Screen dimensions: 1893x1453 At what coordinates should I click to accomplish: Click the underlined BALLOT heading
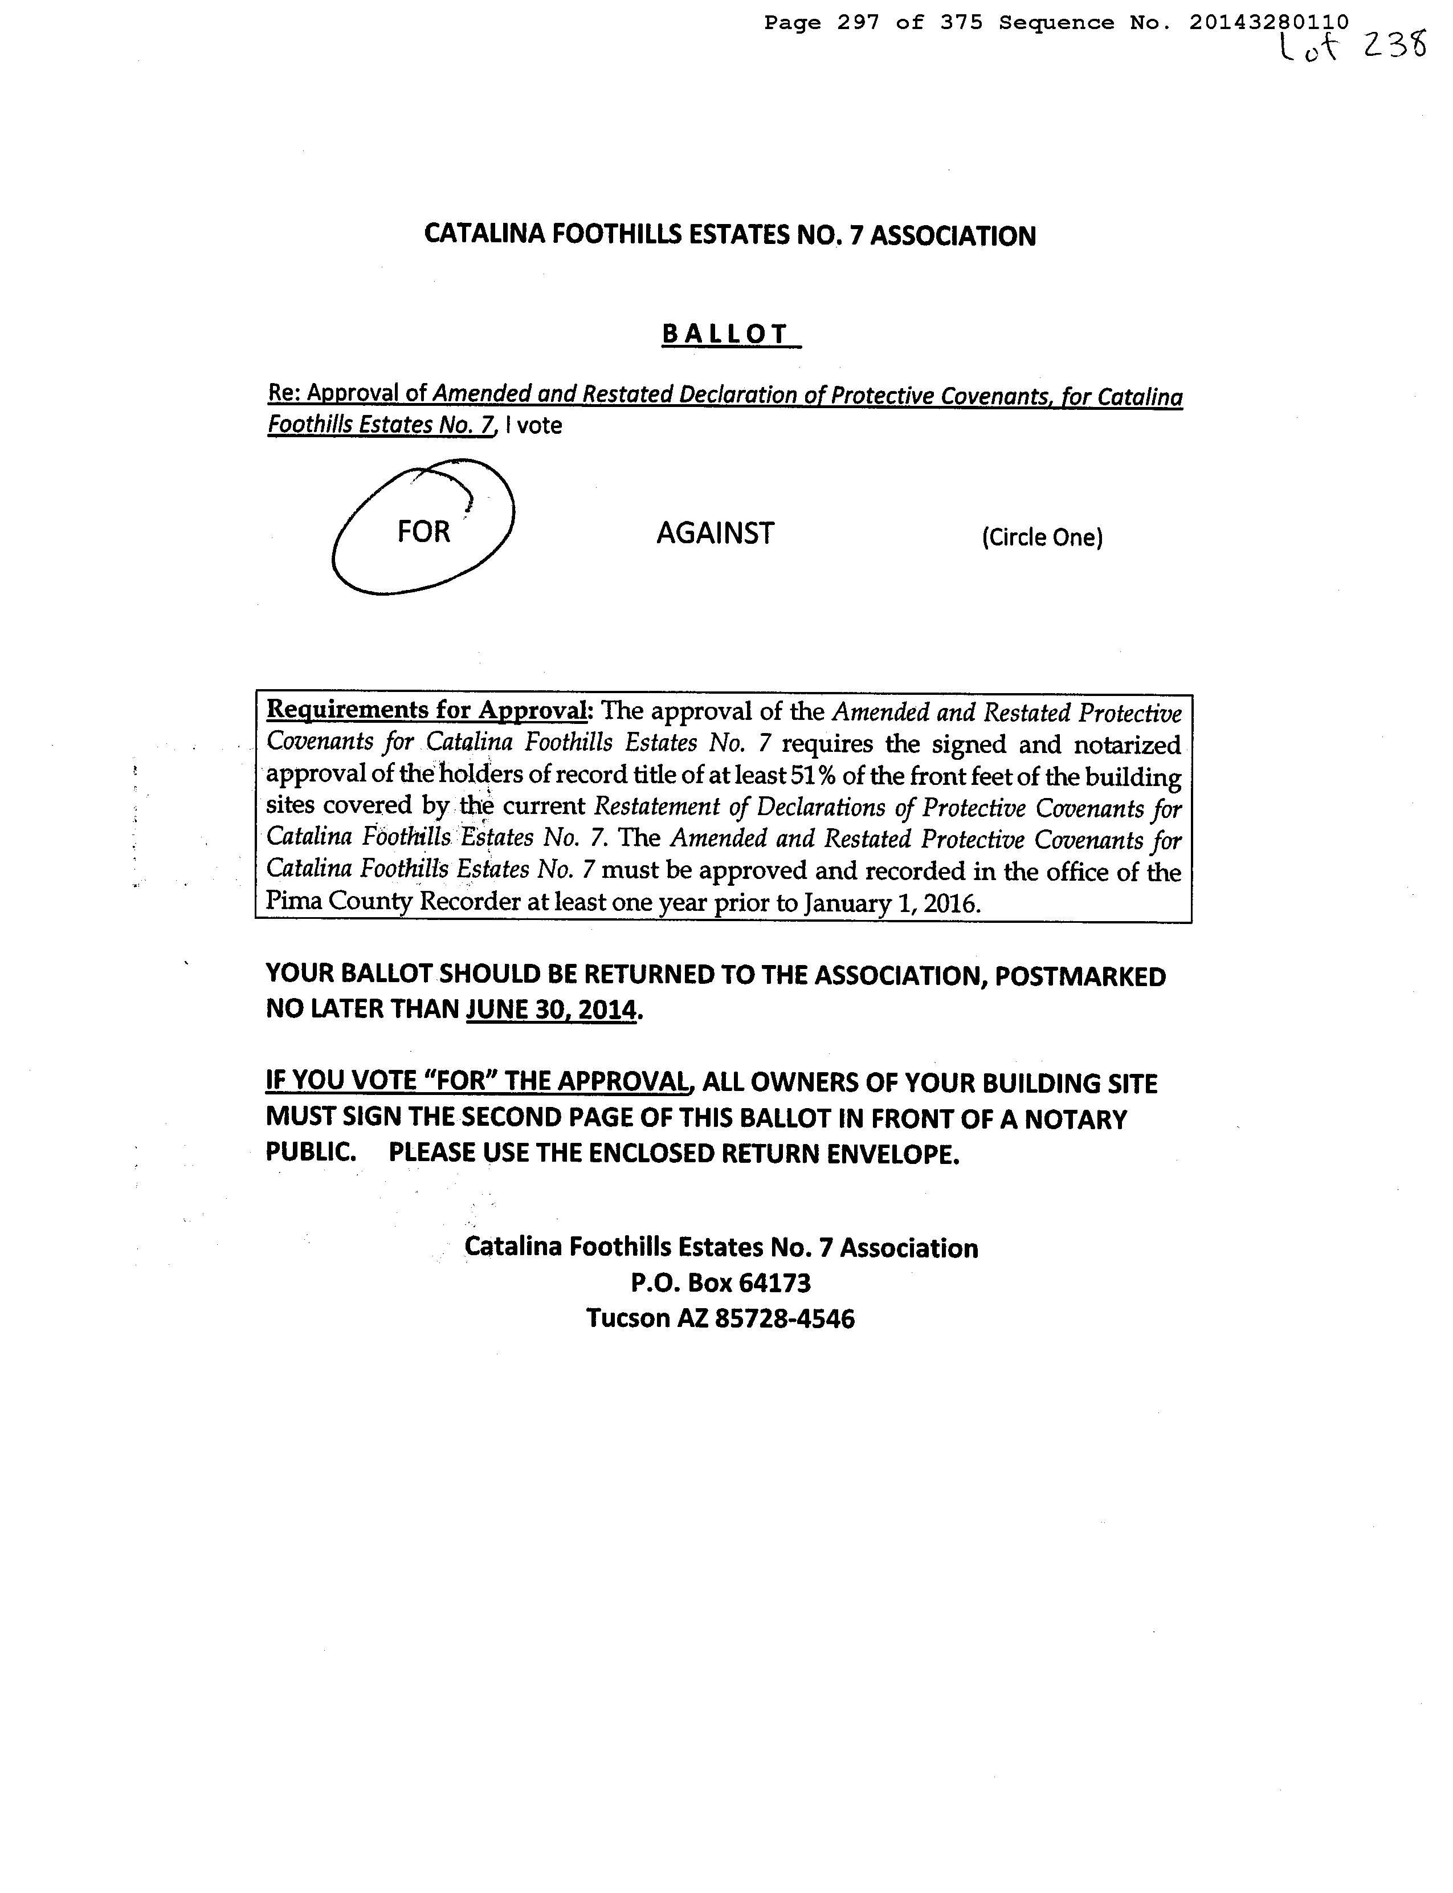726,334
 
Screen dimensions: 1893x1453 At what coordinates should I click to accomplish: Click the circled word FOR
424,531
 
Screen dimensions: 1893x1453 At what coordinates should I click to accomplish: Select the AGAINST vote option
715,533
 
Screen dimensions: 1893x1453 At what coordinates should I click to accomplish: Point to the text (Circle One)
1042,538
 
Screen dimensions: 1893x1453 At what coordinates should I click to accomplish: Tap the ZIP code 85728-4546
785,1318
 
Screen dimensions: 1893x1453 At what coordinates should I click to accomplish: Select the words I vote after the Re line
534,426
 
